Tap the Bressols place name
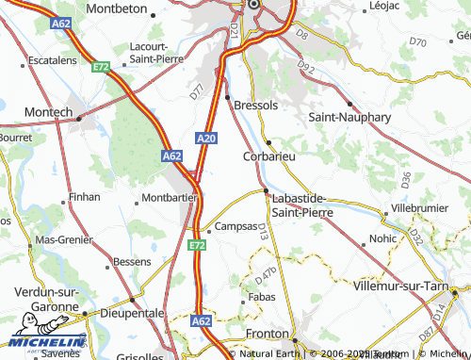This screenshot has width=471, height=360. pos(256,104)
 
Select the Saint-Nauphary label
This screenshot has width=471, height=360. pos(349,117)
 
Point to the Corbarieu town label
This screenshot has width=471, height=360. pos(270,156)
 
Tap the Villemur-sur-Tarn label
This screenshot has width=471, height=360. pos(407,284)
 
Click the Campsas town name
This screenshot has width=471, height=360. pos(236,227)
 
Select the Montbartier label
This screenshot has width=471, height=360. pos(169,198)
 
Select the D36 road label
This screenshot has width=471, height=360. pos(404,176)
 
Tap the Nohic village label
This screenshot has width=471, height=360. pos(383,238)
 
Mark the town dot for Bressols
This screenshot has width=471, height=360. pos(228,96)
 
